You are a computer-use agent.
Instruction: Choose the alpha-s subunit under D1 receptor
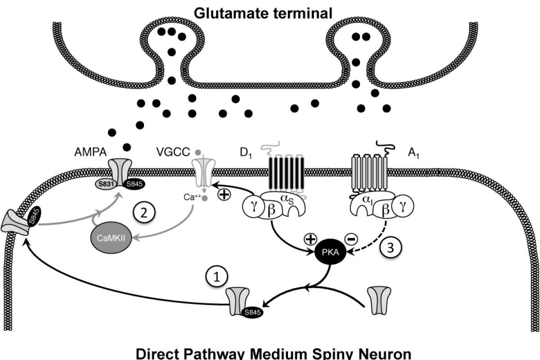coord(291,202)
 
